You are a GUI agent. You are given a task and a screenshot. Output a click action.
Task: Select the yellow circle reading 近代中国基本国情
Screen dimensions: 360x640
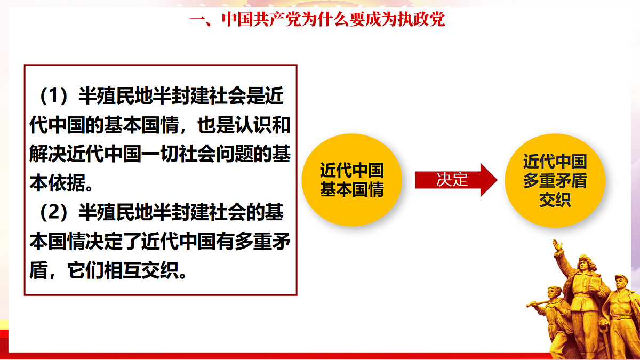(352, 180)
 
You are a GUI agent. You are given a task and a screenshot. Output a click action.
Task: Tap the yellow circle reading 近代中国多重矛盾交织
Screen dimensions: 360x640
(555, 180)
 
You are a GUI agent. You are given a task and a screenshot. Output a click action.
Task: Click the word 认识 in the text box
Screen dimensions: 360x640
(252, 126)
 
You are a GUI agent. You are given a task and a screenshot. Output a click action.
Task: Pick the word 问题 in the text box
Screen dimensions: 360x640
(252, 155)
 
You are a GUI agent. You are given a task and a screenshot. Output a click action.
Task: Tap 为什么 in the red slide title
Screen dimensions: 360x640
(325, 20)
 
